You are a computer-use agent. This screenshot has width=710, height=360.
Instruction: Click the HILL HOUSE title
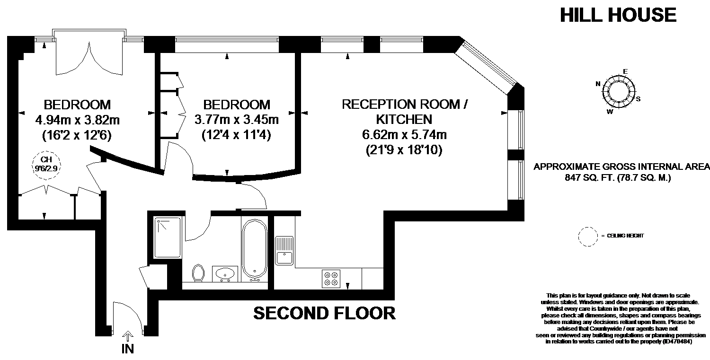pos(618,15)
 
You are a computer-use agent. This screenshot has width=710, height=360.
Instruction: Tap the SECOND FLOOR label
pos(325,313)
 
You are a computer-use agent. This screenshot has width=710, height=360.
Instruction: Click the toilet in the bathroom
pos(198,272)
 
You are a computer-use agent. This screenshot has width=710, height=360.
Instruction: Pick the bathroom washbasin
pos(225,273)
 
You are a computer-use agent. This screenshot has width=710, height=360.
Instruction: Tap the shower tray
pos(168,237)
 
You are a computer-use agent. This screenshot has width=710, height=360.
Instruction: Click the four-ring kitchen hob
pos(331,279)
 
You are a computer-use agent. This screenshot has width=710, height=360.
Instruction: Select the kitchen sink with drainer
pos(284,250)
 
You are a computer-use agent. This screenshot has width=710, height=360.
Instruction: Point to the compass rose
pos(618,91)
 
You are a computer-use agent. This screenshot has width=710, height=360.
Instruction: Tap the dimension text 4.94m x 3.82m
pos(77,120)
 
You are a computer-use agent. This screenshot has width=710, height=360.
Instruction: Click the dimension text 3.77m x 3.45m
pos(237,120)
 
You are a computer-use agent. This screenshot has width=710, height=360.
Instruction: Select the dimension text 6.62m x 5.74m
pos(404,135)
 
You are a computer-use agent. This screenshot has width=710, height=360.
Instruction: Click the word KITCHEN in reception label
pos(404,120)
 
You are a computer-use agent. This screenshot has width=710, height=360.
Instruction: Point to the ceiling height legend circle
pos(588,237)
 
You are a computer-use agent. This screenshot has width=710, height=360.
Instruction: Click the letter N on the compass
pos(598,84)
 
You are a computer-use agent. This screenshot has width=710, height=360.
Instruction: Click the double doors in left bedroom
pos(89,58)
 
